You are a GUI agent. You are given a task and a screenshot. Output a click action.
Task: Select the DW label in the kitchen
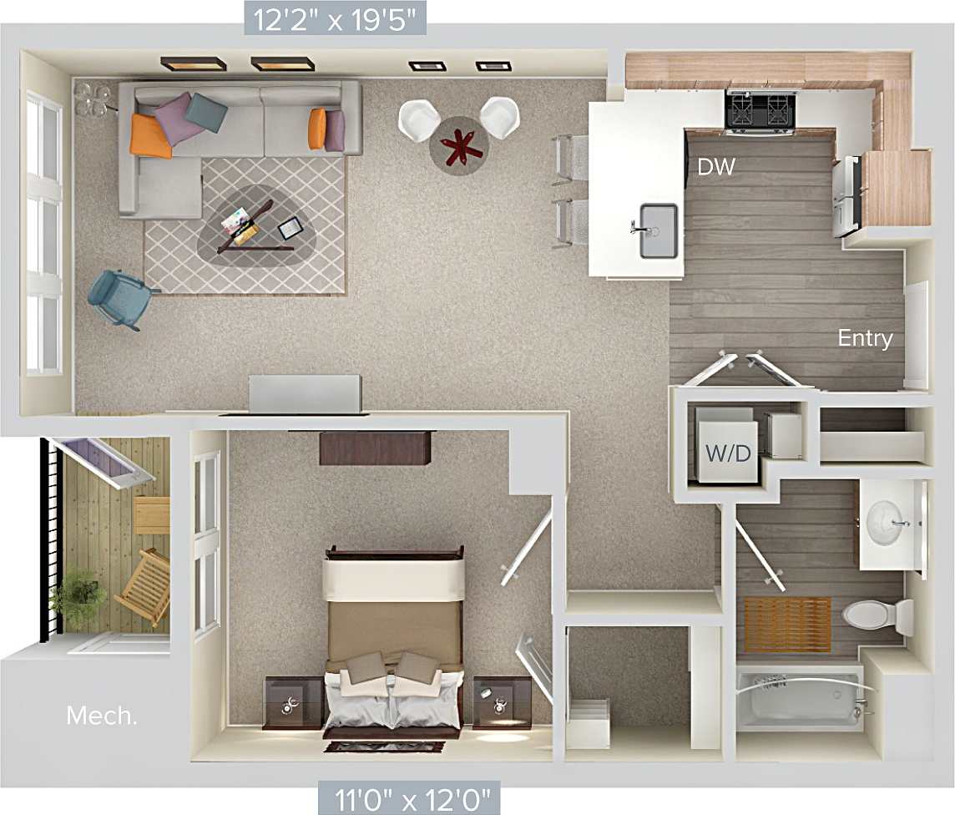pos(716,167)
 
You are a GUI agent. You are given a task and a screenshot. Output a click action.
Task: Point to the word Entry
pos(865,338)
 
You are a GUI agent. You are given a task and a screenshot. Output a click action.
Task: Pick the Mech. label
pos(102,716)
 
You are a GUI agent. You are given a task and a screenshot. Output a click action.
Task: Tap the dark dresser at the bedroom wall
pos(375,447)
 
